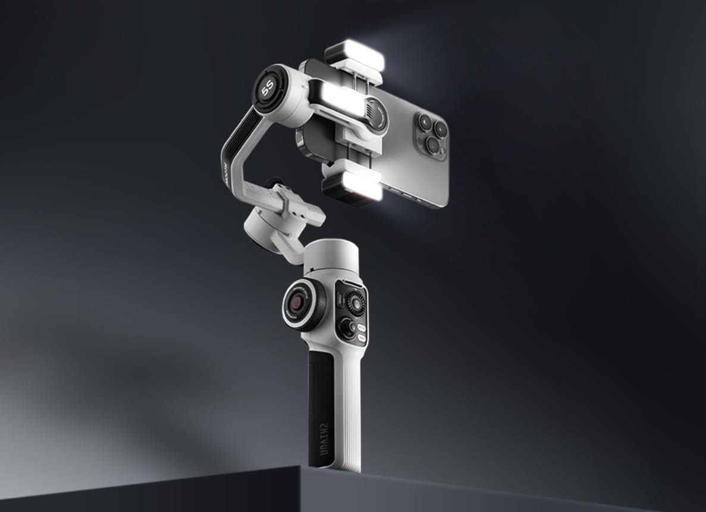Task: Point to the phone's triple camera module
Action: click(x=431, y=132)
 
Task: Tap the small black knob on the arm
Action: click(x=273, y=183)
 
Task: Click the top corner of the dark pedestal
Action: click(x=302, y=466)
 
